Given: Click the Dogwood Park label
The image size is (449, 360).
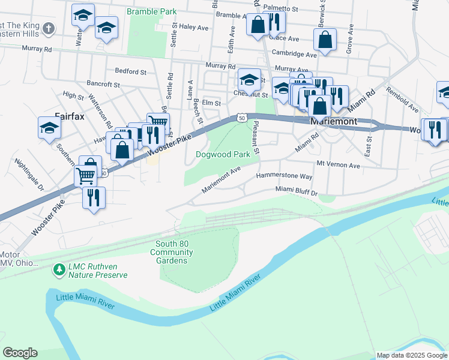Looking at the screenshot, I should (x=223, y=154).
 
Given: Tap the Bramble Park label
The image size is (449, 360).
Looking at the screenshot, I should (x=151, y=11).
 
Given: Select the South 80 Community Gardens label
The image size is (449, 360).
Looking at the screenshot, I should (x=175, y=252).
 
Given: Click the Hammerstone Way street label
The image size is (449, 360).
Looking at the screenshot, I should (x=285, y=176).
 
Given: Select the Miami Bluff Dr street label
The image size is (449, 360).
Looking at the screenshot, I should (x=296, y=190).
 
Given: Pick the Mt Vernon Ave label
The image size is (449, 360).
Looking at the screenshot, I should (x=337, y=164).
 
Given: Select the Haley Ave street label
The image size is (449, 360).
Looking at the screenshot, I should (x=193, y=27).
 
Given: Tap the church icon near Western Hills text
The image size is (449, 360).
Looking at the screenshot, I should (x=49, y=28).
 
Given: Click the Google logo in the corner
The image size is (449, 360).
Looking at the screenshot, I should (x=20, y=353).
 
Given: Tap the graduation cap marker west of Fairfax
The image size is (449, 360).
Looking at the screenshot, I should (x=49, y=127).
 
